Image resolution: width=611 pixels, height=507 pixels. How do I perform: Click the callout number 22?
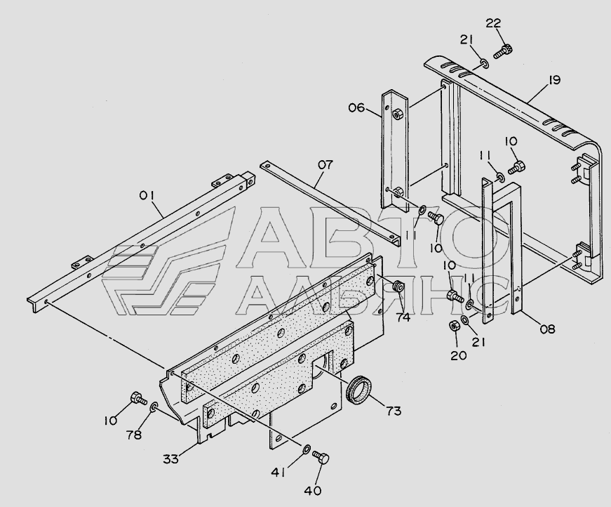[x=493, y=23]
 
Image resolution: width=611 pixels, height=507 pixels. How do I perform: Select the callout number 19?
[x=553, y=80]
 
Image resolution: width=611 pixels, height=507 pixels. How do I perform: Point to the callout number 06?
[x=356, y=107]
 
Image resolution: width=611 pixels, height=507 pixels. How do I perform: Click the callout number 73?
[x=393, y=411]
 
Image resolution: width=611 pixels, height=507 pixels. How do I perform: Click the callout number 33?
[x=171, y=459]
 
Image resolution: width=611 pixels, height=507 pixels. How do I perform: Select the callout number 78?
[x=133, y=435]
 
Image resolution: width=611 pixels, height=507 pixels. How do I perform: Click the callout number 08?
[x=548, y=327]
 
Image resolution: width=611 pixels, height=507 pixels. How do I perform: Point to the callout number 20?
[x=457, y=355]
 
